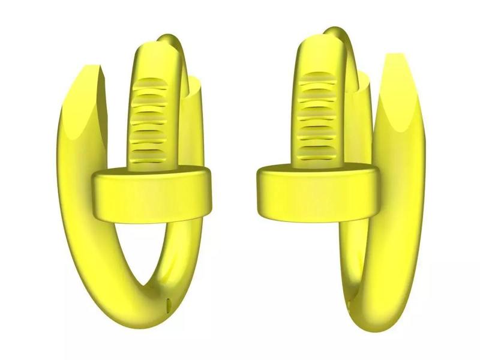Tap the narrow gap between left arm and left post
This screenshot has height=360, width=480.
coord(117,120)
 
